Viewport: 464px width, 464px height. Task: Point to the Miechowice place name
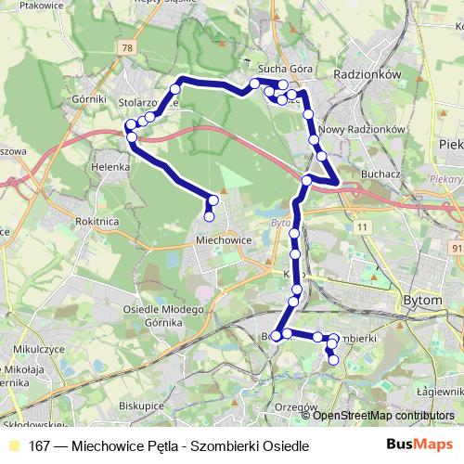224,238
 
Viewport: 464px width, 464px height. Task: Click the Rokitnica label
93,222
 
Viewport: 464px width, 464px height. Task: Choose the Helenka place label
109,167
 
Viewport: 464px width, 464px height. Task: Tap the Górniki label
90,97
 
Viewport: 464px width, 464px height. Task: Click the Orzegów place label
297,406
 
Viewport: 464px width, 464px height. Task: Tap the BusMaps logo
421,445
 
